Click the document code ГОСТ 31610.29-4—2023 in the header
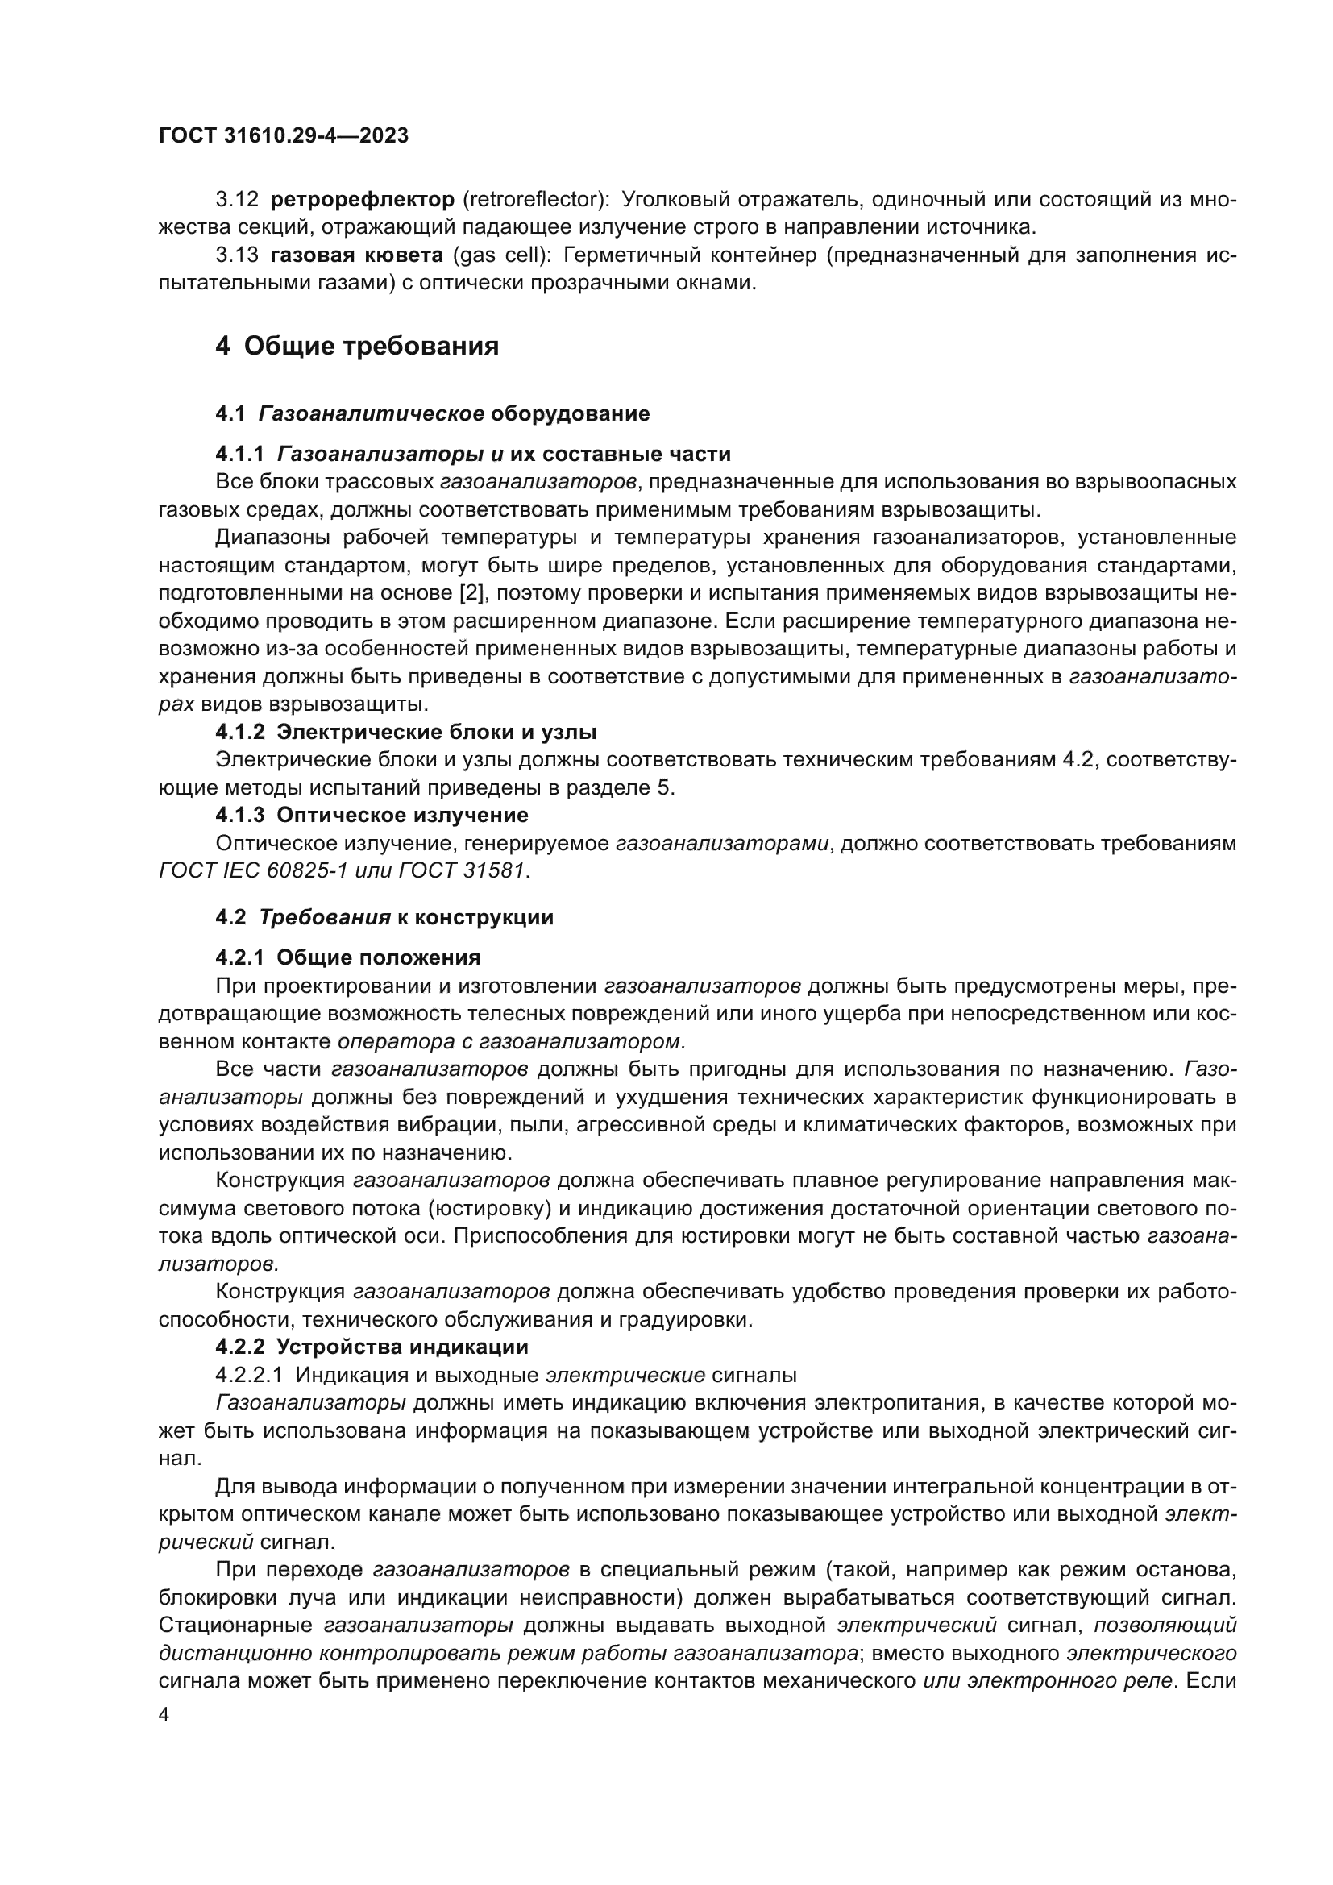click(x=283, y=136)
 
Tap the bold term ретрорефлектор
click(x=362, y=200)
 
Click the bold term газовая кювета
click(x=356, y=255)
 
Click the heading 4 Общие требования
click(x=357, y=346)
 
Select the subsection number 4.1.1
click(x=239, y=454)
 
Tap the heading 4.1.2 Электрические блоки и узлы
click(x=405, y=732)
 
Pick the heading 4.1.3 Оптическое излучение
click(x=372, y=816)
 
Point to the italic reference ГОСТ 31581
click(x=461, y=870)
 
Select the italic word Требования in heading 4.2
click(x=325, y=917)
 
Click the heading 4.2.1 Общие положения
click(x=348, y=957)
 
